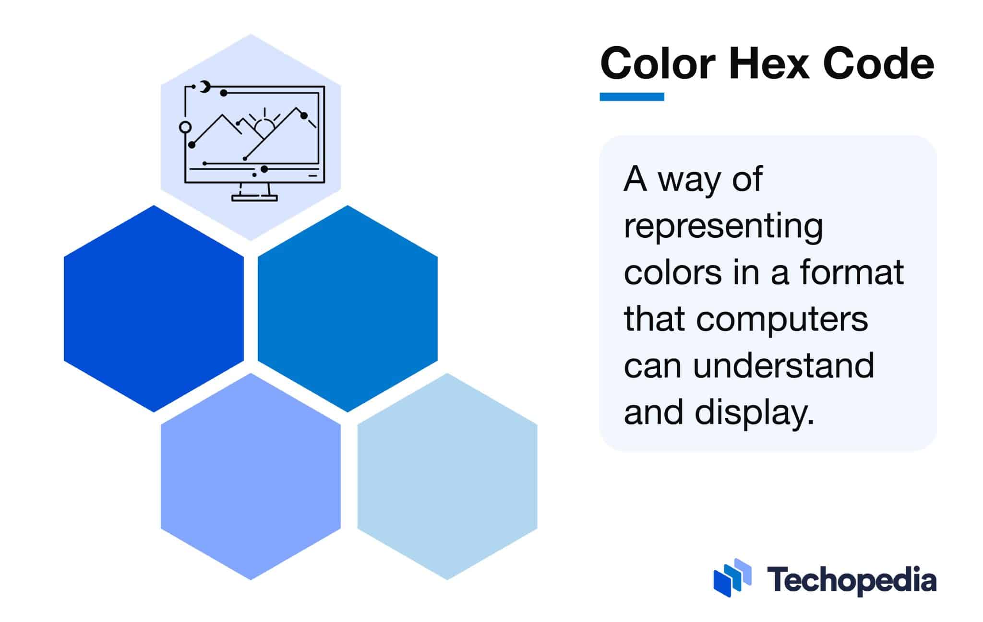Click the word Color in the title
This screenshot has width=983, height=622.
pos(658,64)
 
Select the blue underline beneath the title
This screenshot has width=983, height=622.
pos(632,97)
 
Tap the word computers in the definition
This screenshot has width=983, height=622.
pos(782,319)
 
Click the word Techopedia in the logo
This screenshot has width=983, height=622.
pos(851,581)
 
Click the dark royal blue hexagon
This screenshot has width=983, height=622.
pos(154,308)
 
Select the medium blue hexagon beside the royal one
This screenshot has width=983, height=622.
pos(348,308)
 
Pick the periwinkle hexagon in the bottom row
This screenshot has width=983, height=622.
pos(251,476)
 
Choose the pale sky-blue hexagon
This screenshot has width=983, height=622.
pos(447,476)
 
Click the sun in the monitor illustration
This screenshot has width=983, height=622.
pos(264,127)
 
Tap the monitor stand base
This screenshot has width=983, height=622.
pos(254,198)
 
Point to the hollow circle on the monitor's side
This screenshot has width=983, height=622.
pos(185,127)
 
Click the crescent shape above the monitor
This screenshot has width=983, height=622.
pos(205,87)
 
